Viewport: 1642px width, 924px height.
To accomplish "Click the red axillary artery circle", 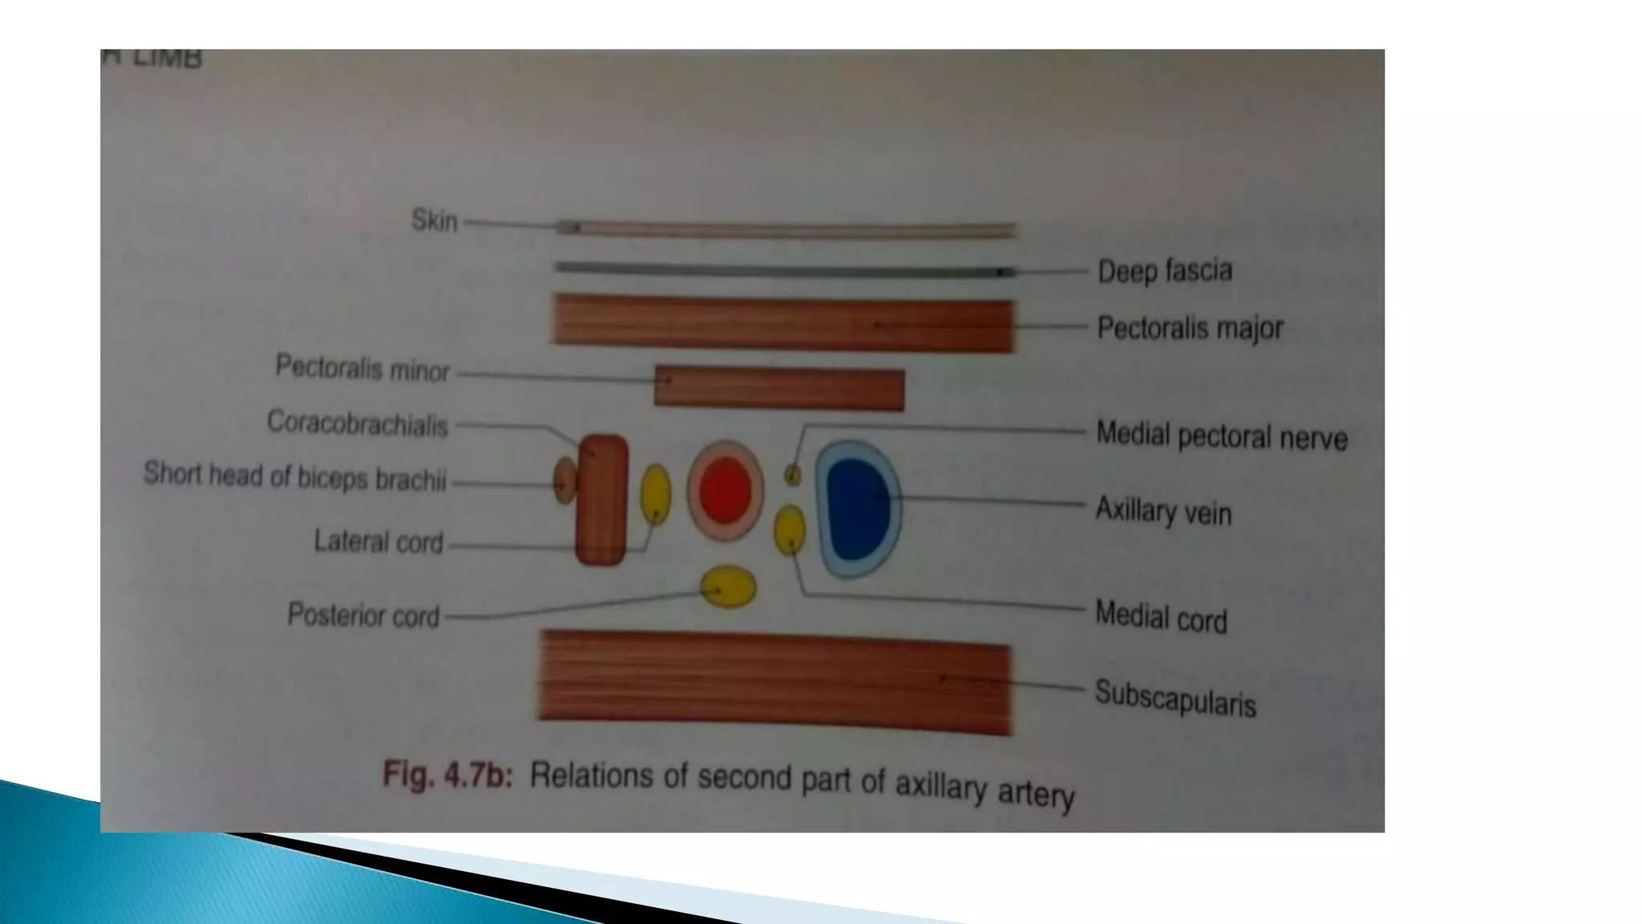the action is [726, 491].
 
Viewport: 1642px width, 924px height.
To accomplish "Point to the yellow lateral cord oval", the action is [656, 494].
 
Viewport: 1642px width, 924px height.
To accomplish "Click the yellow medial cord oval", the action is [790, 529].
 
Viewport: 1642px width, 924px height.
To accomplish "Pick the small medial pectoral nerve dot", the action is [792, 476].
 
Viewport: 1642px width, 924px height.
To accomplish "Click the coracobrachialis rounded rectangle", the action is [601, 499].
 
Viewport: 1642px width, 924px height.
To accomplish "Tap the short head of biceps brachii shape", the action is [564, 481].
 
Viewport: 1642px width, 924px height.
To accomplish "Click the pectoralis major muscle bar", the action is [783, 322].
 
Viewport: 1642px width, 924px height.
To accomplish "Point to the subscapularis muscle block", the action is [774, 682].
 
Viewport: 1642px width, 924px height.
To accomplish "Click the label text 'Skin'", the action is [434, 220].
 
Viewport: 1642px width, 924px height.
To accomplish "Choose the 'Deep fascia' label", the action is [1164, 271].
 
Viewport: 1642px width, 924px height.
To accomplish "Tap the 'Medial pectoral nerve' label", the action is [1221, 436].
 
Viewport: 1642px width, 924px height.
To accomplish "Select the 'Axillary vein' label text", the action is [1163, 510].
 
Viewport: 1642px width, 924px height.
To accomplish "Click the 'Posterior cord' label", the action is [363, 615].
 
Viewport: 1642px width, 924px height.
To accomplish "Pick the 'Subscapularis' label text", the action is [1175, 698].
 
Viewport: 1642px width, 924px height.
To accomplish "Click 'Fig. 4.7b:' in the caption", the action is [447, 776].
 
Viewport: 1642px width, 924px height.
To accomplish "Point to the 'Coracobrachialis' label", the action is [357, 423].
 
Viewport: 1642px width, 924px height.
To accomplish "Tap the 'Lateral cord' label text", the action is [378, 542].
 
